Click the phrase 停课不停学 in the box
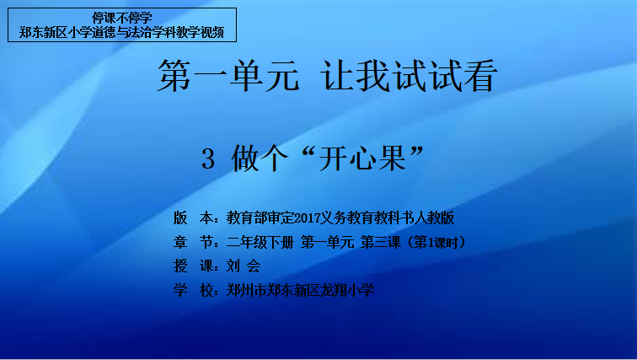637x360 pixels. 122,18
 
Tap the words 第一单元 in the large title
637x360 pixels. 228,76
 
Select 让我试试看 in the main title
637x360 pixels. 409,76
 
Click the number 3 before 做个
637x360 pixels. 208,159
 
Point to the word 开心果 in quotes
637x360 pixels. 363,159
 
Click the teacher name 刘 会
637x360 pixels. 244,266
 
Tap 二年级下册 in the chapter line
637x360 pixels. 260,243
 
